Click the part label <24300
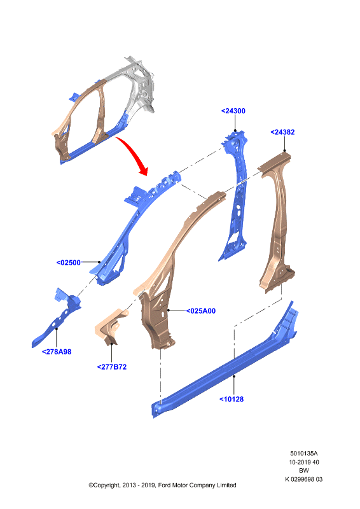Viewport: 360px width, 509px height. coord(233,111)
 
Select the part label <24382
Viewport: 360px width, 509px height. coord(282,132)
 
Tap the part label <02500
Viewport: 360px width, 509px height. coord(69,263)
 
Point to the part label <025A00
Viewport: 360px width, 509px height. coord(200,311)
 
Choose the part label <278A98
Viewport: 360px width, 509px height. coord(57,352)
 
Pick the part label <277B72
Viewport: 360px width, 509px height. coord(112,367)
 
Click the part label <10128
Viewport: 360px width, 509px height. coord(232,400)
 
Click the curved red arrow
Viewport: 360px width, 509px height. coord(135,153)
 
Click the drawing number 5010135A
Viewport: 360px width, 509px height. coord(304,454)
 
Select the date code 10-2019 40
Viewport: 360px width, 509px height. coord(304,463)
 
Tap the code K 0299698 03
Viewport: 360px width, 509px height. coord(304,480)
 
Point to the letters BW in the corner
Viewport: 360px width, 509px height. coord(304,471)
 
